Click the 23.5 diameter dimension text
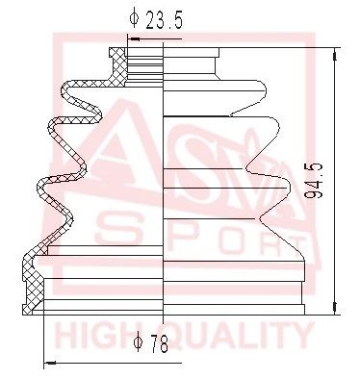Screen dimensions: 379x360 pos(165,17)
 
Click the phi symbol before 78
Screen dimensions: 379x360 pos(138,345)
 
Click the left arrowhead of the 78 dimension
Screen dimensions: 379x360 pos(49,364)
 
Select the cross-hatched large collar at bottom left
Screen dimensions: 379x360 pos(35,285)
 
